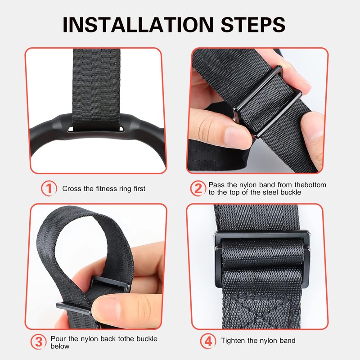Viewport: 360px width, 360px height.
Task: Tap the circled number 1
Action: click(49, 189)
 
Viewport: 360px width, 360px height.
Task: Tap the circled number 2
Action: click(198, 189)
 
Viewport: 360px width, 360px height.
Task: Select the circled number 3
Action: click(39, 342)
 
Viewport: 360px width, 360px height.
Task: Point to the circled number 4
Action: click(207, 341)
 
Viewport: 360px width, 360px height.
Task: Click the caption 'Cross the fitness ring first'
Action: click(103, 189)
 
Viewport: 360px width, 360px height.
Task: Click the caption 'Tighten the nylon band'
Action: click(258, 341)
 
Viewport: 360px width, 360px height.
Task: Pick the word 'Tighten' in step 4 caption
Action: click(233, 341)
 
